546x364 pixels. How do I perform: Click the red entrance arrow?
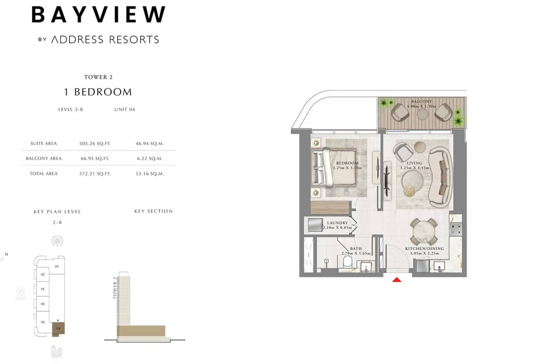click(397, 279)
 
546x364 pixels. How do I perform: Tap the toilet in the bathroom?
click(348, 262)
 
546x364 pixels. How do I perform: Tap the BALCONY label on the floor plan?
click(421, 101)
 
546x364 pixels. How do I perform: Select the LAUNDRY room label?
click(337, 223)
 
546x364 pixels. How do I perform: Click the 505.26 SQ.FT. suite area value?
click(95, 143)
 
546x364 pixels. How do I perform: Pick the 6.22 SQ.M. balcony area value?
click(149, 158)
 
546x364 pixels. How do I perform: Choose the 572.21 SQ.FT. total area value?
click(95, 173)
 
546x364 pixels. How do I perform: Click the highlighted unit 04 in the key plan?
click(58, 328)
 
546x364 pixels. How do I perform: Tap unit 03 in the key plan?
click(56, 266)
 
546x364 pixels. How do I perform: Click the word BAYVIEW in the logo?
click(98, 15)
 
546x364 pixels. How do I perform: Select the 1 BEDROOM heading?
click(98, 92)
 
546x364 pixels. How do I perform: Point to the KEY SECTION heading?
click(153, 211)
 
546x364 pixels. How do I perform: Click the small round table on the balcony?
click(423, 113)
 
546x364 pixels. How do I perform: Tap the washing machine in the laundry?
click(314, 225)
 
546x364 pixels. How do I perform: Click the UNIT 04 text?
click(125, 109)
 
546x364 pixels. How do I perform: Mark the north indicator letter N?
click(6, 254)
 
